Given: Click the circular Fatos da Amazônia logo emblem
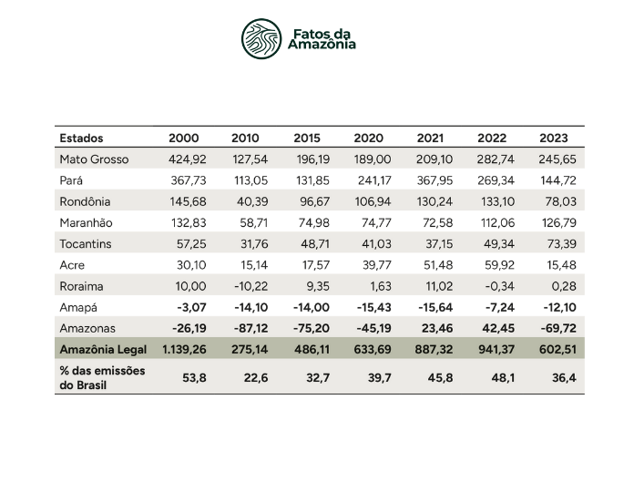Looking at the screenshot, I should click(x=261, y=38).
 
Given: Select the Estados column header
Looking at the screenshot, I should click(x=81, y=138).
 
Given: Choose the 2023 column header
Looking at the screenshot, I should click(x=552, y=138).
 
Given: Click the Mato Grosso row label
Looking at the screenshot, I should click(x=94, y=159).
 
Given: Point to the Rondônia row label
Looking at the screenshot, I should click(x=85, y=201).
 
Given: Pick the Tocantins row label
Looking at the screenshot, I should click(x=86, y=244).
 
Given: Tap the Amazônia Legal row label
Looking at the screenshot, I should click(x=103, y=350).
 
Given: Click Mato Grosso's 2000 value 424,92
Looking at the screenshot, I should click(x=183, y=159).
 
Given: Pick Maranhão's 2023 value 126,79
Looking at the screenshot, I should click(x=552, y=223).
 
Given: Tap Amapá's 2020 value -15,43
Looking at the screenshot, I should click(x=366, y=308).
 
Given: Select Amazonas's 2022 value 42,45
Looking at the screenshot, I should click(x=493, y=329).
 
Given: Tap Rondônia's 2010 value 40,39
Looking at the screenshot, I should click(x=245, y=201).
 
